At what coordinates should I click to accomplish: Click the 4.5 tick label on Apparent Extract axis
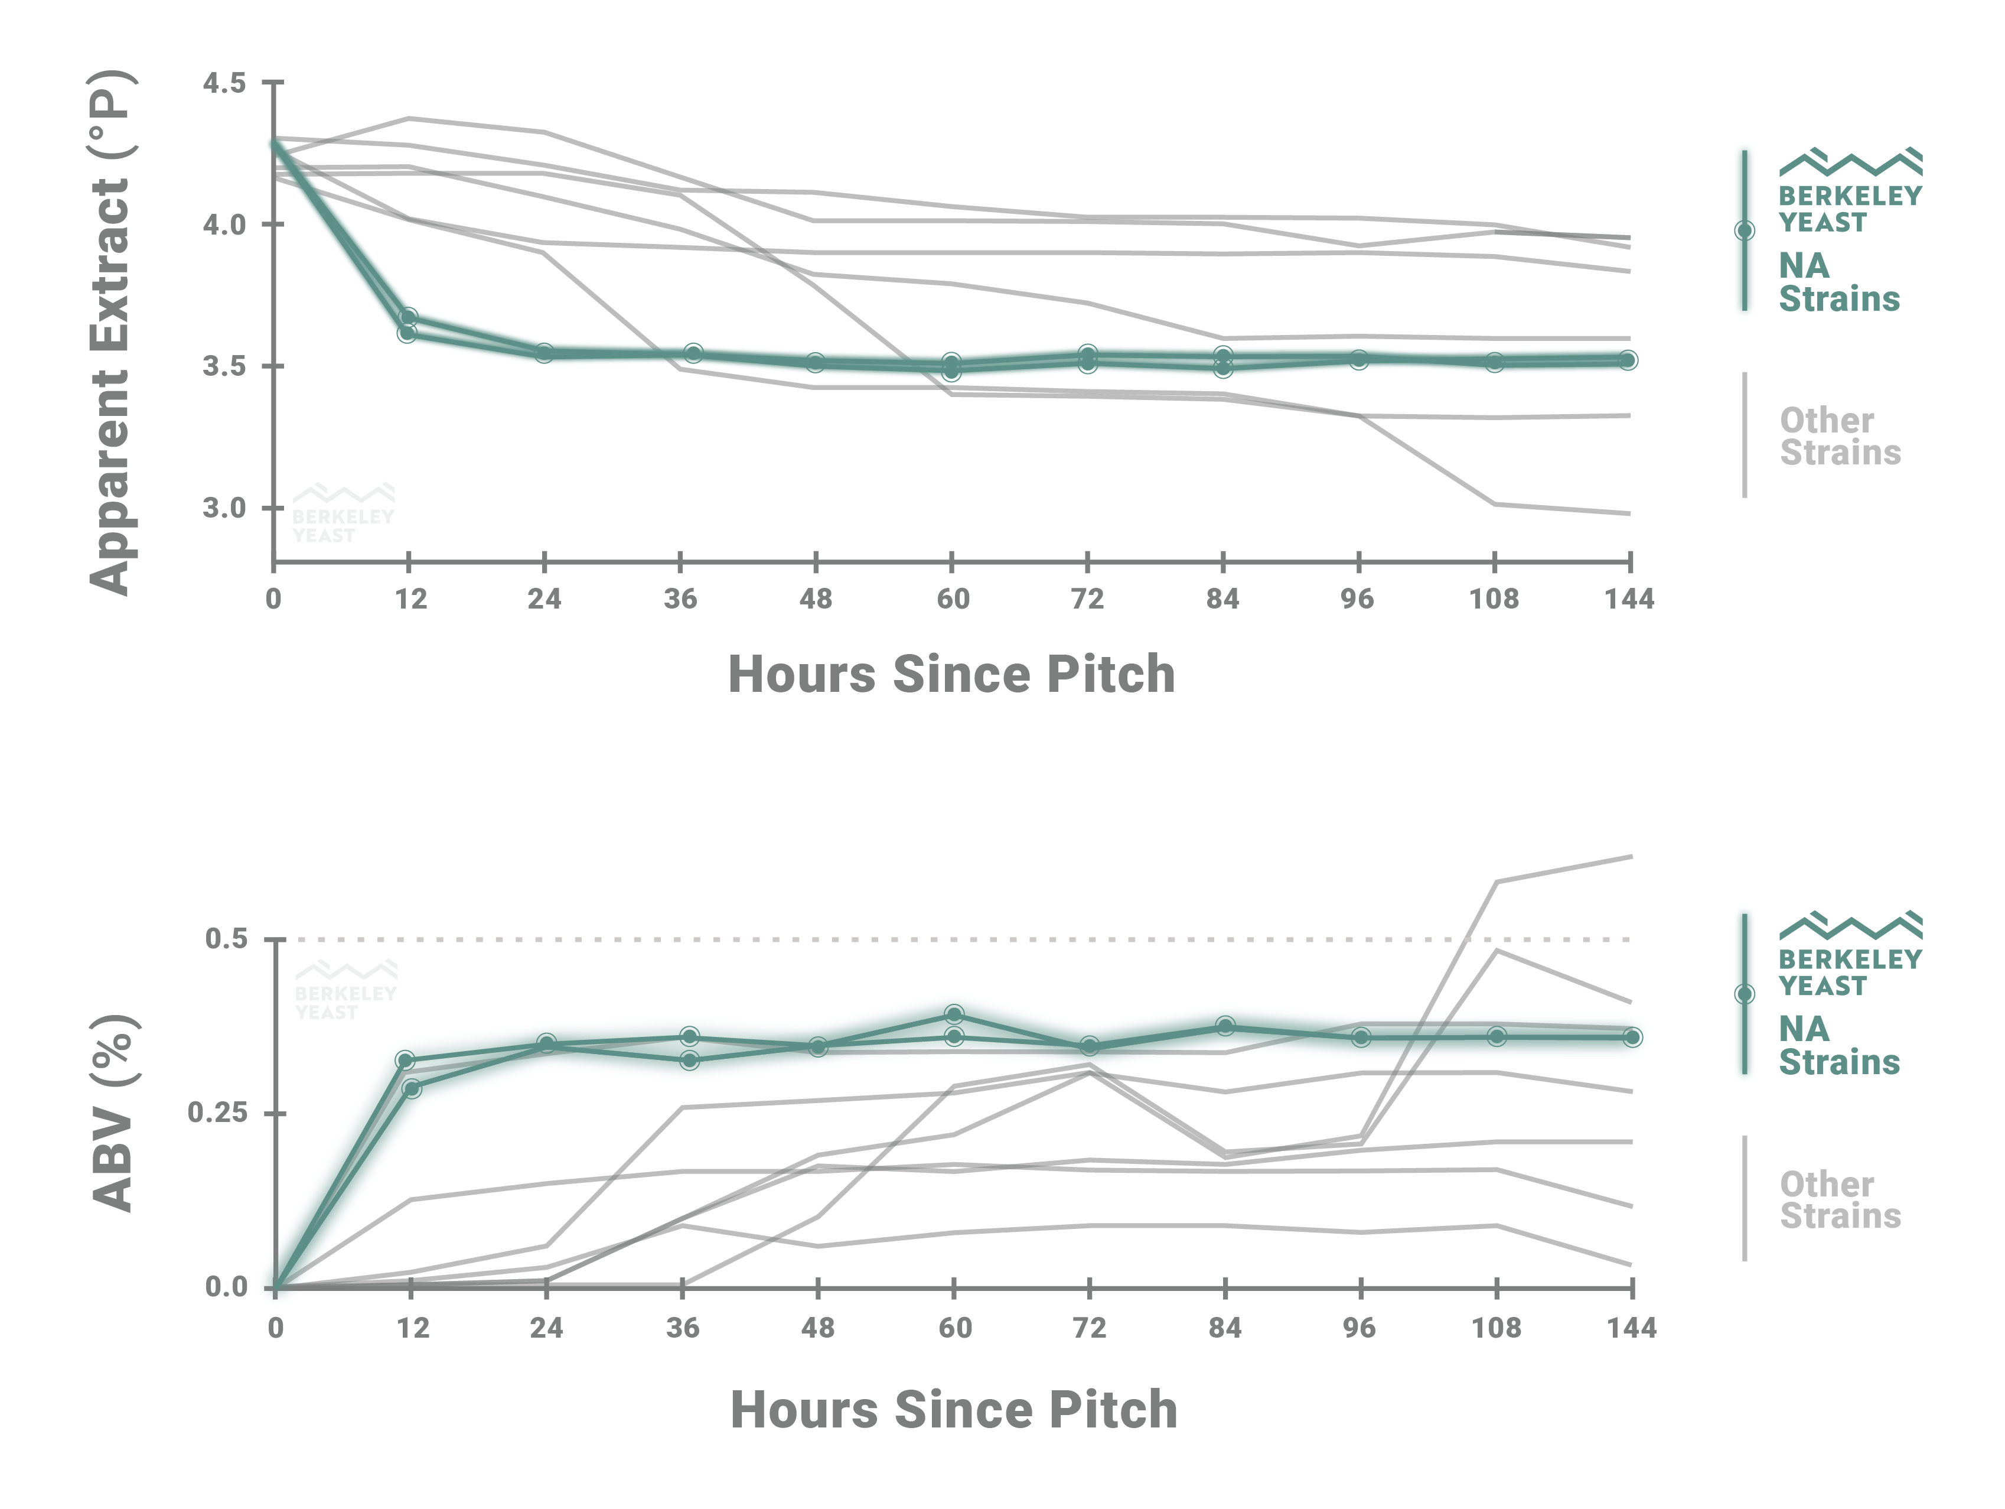point(224,83)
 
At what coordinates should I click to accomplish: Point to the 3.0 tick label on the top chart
point(224,508)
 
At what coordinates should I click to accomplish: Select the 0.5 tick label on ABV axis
point(227,939)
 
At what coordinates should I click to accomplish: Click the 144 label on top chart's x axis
point(1629,600)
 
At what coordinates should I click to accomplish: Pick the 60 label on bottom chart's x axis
point(954,1329)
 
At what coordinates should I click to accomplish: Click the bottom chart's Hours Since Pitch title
point(954,1410)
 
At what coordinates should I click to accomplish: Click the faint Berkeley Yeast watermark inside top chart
point(343,513)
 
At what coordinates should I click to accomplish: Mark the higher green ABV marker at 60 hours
point(954,1014)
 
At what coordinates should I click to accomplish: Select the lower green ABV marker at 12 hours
point(412,1088)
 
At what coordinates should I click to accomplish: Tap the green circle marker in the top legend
point(1744,230)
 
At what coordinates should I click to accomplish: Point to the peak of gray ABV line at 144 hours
point(1630,856)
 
